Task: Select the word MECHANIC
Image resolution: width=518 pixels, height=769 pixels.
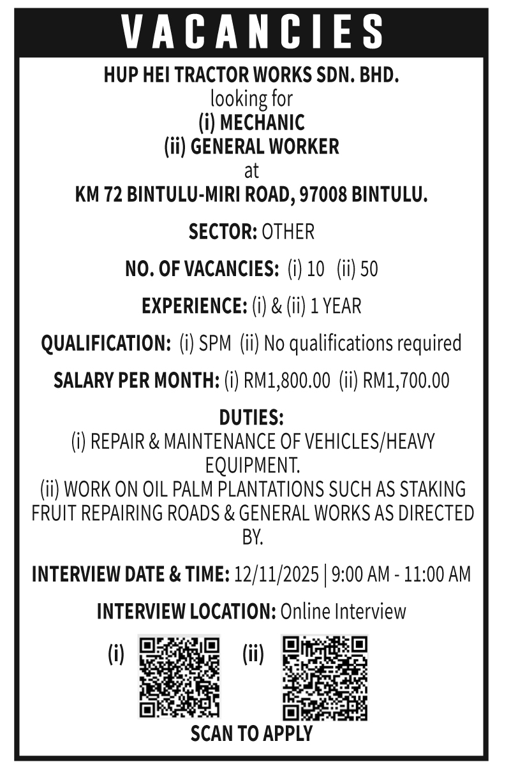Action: tap(262, 122)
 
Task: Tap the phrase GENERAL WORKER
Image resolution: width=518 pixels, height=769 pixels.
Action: tap(265, 147)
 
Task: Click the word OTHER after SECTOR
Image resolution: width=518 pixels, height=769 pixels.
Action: tap(288, 232)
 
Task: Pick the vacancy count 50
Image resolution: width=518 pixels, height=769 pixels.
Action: tap(369, 270)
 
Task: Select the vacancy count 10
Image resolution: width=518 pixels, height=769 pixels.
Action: tap(315, 270)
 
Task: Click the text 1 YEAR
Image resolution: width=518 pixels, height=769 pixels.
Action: tap(336, 307)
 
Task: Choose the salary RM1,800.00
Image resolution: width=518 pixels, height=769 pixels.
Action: tap(287, 381)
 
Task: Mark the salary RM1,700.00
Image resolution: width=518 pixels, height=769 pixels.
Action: tap(406, 381)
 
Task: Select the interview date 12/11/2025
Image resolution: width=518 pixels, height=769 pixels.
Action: tap(276, 575)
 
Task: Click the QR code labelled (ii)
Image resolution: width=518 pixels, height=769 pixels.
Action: tap(324, 677)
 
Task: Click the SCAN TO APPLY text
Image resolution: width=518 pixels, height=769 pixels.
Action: tap(251, 734)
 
